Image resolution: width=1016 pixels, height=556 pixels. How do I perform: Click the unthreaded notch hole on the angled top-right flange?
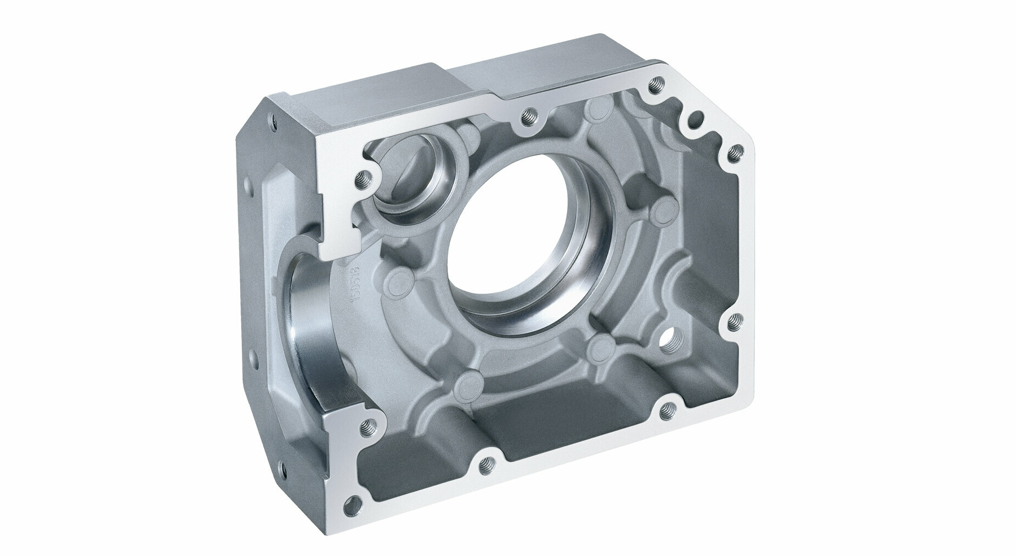(697, 117)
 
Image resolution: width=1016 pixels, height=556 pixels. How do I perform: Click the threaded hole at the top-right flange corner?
(653, 85)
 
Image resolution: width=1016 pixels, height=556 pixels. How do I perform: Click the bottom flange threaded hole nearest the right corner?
(667, 408)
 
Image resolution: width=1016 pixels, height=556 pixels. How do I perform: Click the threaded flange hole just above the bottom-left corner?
(366, 424)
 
